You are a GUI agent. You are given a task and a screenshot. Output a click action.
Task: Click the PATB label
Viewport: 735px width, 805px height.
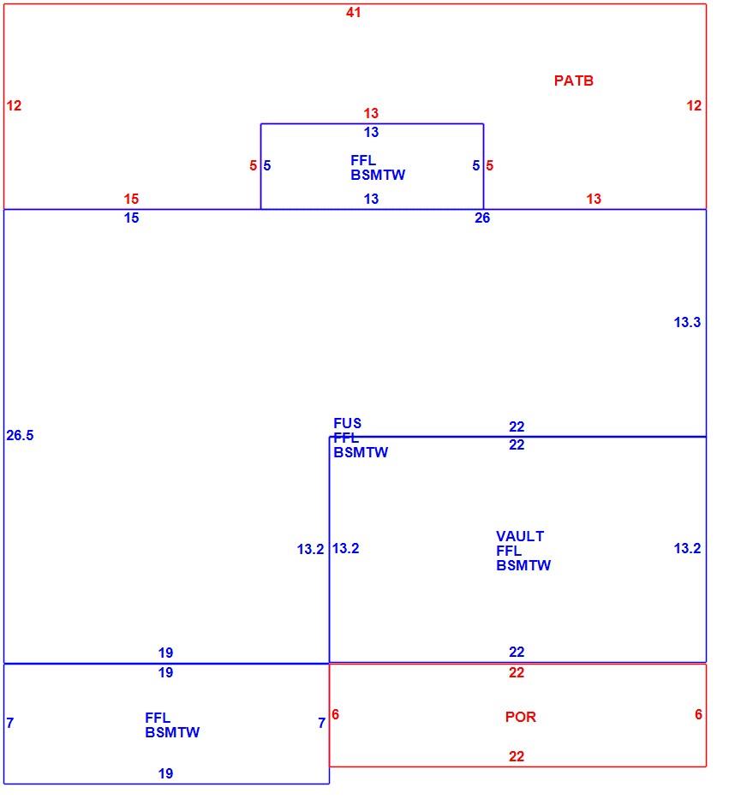tap(573, 80)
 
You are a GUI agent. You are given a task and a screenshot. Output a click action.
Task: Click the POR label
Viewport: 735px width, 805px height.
tap(520, 717)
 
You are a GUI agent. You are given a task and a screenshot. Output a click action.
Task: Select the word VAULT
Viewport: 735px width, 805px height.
tap(520, 536)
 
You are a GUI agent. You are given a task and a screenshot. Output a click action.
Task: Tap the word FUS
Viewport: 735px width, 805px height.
tap(347, 423)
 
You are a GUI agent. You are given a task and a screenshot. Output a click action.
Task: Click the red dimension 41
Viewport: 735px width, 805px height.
tap(354, 12)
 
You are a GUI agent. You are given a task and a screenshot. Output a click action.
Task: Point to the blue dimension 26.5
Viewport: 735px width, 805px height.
tap(20, 435)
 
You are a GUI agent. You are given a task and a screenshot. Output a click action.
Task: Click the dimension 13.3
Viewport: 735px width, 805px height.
tap(687, 322)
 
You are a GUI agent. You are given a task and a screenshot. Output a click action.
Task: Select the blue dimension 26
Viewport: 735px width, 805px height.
tap(482, 218)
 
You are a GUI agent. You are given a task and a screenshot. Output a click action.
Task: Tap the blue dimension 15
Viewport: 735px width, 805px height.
tap(131, 218)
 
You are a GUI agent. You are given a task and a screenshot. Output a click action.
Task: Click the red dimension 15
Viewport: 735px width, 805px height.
tap(131, 199)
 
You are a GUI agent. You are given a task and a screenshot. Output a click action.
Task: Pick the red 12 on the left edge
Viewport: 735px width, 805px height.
tap(14, 105)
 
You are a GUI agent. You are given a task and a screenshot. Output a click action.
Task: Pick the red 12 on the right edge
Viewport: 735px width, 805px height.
tap(694, 105)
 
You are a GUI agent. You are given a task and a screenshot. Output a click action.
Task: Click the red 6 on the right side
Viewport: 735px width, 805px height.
tap(698, 714)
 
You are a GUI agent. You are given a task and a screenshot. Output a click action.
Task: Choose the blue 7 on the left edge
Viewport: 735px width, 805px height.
tap(9, 723)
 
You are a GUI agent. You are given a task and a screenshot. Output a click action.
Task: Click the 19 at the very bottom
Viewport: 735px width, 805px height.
tap(165, 773)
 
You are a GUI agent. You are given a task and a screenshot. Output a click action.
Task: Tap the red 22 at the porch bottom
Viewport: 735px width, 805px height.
tap(517, 756)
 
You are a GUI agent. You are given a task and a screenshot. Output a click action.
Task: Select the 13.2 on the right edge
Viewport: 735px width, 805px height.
tap(687, 548)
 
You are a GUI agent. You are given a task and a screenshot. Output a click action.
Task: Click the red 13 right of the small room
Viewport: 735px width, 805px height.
tap(594, 199)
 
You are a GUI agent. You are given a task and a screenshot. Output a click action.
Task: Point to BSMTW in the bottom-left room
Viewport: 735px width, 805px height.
tap(172, 732)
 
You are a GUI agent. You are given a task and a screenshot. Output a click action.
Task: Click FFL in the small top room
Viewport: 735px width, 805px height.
tap(363, 160)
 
